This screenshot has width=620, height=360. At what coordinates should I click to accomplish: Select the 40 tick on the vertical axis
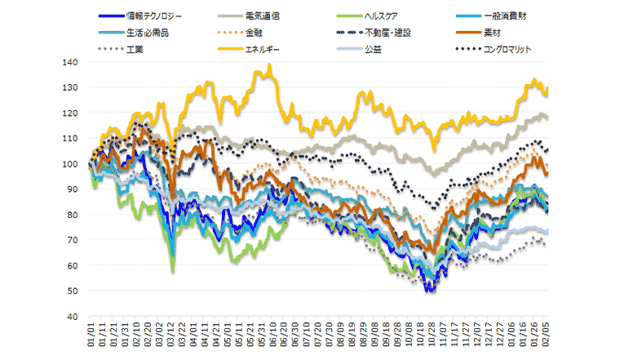coord(71,317)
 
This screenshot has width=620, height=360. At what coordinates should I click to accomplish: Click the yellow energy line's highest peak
coord(269,66)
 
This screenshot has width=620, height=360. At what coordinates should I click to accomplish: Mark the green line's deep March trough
coord(172,271)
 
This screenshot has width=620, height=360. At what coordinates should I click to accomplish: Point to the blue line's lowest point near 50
coord(429,291)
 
